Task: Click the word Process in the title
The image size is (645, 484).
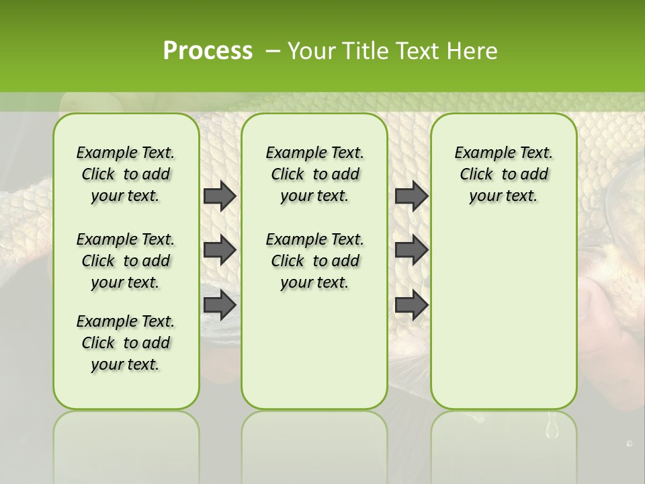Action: [x=208, y=50]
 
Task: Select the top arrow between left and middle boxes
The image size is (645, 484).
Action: [x=220, y=196]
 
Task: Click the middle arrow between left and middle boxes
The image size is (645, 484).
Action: [x=220, y=250]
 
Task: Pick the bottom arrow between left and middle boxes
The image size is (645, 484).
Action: [x=220, y=305]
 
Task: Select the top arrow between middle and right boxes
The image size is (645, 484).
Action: [x=411, y=196]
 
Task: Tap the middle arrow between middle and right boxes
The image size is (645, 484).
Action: [x=411, y=250]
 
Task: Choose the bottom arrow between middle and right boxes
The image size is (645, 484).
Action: [x=411, y=305]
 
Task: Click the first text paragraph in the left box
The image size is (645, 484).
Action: [x=126, y=174]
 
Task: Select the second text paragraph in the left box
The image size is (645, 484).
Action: [x=126, y=261]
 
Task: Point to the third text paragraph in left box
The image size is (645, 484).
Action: [x=126, y=343]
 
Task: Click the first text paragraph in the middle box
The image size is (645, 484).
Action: [x=314, y=174]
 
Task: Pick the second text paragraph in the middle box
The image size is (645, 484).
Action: [x=314, y=261]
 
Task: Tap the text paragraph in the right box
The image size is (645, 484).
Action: [x=503, y=174]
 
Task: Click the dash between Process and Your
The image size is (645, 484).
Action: [x=272, y=51]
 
